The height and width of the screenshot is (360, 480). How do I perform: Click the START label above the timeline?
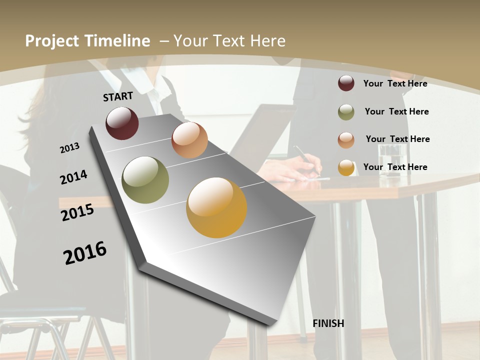pos(118,96)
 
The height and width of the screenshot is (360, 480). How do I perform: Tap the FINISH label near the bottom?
pos(328,323)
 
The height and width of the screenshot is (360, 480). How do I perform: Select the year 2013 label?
pos(69,148)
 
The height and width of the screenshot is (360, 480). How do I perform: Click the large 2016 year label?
pos(85,252)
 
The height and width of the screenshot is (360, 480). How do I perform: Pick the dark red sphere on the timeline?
pos(122,123)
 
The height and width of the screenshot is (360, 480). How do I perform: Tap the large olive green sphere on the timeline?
pos(145,180)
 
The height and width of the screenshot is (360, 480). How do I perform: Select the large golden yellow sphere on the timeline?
pos(216,207)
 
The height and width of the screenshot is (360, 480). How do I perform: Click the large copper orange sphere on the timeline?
pos(189,140)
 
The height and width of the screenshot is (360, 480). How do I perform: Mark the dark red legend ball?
pos(346,83)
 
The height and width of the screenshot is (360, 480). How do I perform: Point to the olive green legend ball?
pos(346,112)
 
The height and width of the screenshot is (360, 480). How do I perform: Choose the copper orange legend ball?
pos(346,140)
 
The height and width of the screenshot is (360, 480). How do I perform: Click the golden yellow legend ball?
pos(346,167)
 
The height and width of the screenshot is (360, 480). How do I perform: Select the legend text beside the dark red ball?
pos(395,83)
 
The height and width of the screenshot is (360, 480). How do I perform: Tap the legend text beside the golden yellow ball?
pos(395,167)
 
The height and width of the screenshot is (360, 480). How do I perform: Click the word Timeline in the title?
pos(117,41)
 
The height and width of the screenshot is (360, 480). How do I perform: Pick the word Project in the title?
pos(52,41)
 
